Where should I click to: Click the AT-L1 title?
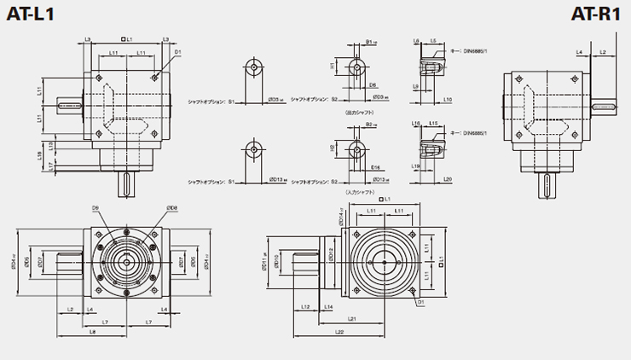[29, 13]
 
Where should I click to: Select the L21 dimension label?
[351, 318]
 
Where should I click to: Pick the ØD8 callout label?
[171, 208]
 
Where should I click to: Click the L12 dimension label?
[305, 306]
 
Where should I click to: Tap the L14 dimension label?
[328, 306]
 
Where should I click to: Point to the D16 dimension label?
[375, 168]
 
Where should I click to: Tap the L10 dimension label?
[448, 100]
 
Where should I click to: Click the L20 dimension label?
[448, 180]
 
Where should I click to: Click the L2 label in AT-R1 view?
[603, 52]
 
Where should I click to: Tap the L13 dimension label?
[51, 145]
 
